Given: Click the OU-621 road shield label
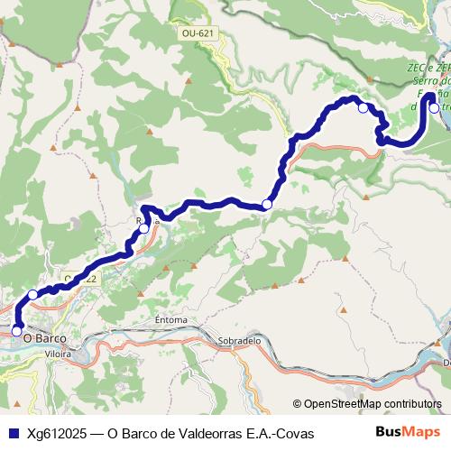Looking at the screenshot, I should click(198, 33).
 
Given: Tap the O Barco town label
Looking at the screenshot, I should click(44, 337).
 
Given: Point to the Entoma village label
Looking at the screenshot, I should click(170, 319).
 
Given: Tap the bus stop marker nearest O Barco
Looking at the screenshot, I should click(16, 331).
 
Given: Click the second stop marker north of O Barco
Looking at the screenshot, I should click(32, 294).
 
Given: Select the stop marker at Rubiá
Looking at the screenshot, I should click(144, 228).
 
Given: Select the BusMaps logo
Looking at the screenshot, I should click(409, 433).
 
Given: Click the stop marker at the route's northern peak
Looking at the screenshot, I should click(363, 108).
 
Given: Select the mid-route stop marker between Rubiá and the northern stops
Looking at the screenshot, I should click(266, 205).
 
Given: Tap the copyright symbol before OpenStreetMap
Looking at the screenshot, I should click(298, 404).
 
